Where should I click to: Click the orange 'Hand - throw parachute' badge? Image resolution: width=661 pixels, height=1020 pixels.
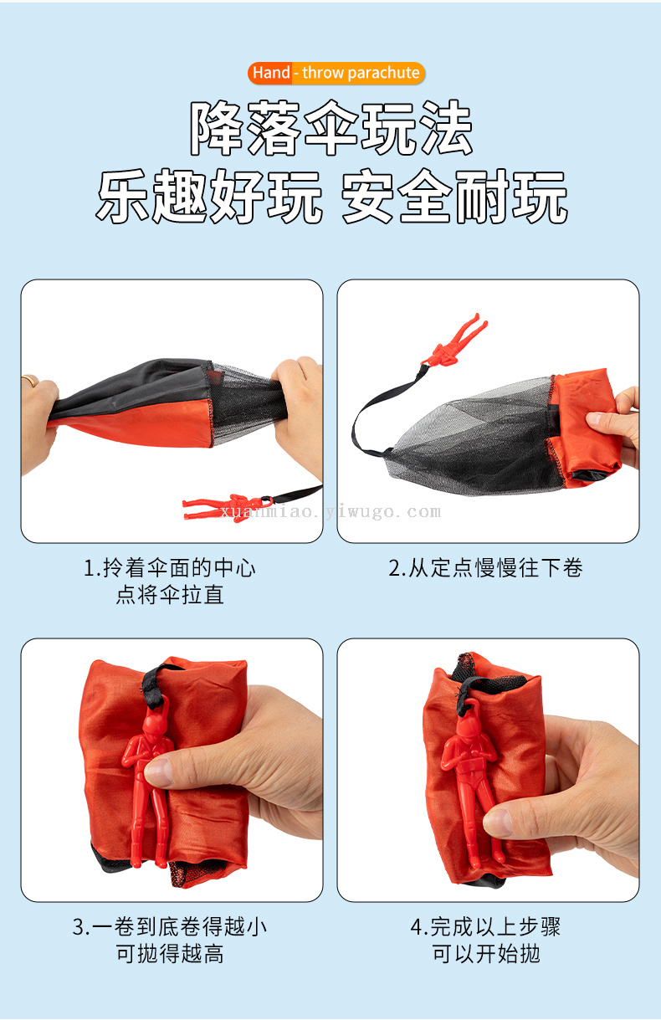[x=336, y=73]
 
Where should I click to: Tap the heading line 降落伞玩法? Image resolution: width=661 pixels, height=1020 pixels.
[x=331, y=128]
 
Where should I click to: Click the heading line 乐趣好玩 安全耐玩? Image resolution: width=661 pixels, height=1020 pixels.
[x=332, y=197]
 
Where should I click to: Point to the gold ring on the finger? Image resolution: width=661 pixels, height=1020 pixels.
[x=30, y=380]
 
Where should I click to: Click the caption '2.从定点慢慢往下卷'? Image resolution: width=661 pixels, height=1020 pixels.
[x=486, y=568]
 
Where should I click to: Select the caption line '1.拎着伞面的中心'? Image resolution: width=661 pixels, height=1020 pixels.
[x=170, y=568]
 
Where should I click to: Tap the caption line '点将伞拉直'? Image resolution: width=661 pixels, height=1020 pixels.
[x=170, y=595]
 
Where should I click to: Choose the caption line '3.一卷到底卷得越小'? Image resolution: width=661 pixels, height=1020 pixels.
[x=170, y=926]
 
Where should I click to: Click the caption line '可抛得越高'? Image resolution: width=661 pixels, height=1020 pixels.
[x=170, y=954]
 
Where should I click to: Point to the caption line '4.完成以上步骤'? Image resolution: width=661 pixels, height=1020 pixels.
[x=486, y=926]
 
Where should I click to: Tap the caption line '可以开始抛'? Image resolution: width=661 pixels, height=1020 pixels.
[x=486, y=954]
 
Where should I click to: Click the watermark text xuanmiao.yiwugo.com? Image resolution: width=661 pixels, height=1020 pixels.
[x=330, y=512]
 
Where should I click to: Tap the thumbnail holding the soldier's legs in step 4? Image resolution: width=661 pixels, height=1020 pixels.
[x=499, y=821]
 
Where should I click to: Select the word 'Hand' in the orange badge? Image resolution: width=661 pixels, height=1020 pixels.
[x=271, y=73]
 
